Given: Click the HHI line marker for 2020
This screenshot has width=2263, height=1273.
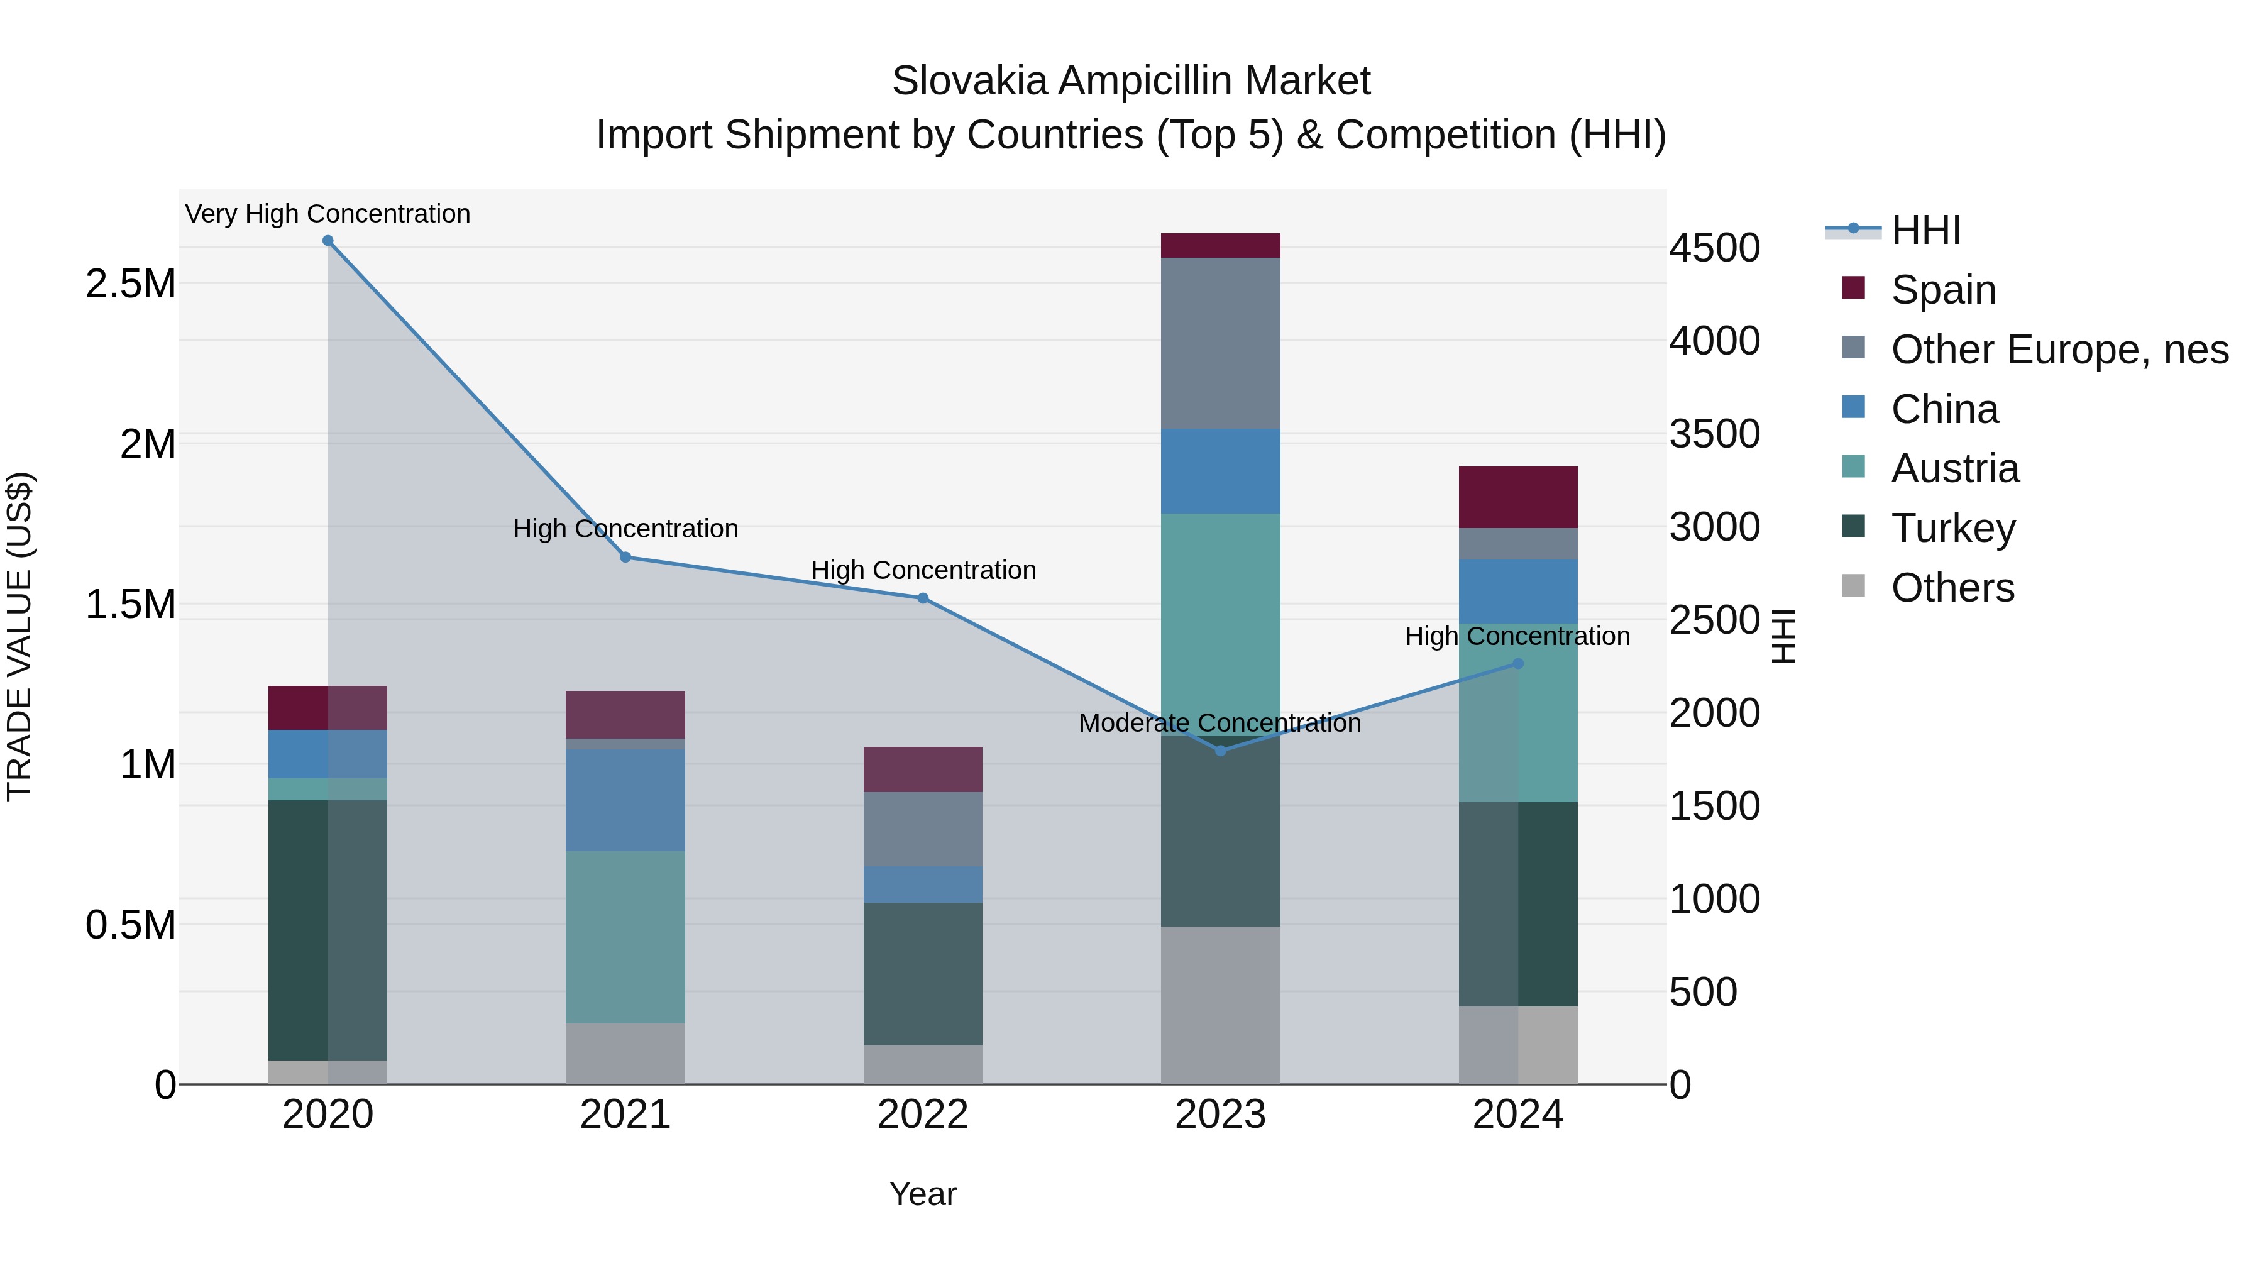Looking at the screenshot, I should pyautogui.click(x=328, y=241).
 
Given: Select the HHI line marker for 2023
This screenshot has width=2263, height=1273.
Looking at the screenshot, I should pyautogui.click(x=1220, y=750).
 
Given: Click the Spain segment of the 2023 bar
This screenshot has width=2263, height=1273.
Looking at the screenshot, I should pyautogui.click(x=1220, y=245).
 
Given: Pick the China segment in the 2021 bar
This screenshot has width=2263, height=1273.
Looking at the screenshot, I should pyautogui.click(x=625, y=800).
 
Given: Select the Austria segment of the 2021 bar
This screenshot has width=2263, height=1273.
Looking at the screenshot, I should pyautogui.click(x=625, y=937).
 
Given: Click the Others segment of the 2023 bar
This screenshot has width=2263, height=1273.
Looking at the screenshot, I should pyautogui.click(x=1220, y=1005).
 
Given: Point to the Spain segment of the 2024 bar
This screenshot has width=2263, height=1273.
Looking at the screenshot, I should pyautogui.click(x=1517, y=497).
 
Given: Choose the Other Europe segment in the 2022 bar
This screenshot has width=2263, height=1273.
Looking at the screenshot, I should pyautogui.click(x=922, y=829).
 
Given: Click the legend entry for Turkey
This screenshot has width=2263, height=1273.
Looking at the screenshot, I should pyautogui.click(x=1953, y=528).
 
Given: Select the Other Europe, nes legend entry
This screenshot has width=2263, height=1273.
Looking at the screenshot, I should pyautogui.click(x=2059, y=350).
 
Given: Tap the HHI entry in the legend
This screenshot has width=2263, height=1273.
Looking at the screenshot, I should pyautogui.click(x=1925, y=230).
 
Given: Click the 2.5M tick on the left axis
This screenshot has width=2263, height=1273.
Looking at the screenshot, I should pyautogui.click(x=131, y=284).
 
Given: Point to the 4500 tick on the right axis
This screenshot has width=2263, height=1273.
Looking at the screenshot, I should pyautogui.click(x=1714, y=248).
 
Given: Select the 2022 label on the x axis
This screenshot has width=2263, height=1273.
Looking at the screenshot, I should pyautogui.click(x=922, y=1115).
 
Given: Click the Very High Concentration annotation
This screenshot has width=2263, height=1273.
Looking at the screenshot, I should pyautogui.click(x=328, y=214).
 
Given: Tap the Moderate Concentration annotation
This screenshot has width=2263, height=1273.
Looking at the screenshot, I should pyautogui.click(x=1220, y=723).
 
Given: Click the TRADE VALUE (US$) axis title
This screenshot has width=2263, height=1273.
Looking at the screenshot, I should pyautogui.click(x=19, y=636).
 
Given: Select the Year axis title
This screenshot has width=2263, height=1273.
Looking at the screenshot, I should pyautogui.click(x=922, y=1194).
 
